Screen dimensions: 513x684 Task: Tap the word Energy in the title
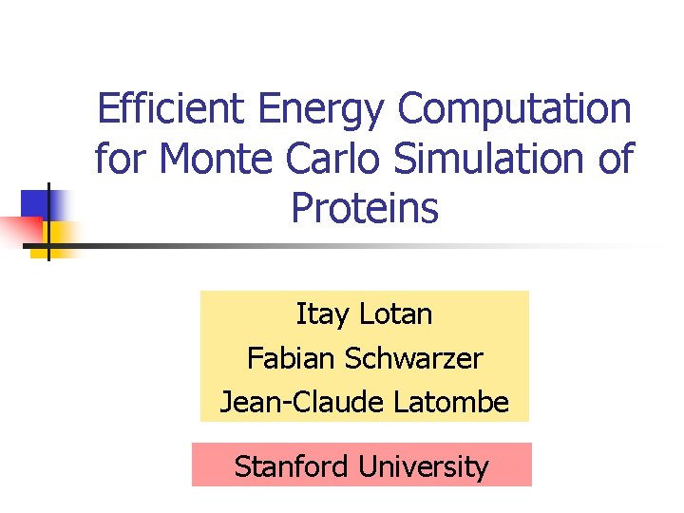[318, 109]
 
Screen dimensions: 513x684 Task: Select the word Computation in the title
[514, 109]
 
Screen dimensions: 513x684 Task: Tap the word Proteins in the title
[365, 208]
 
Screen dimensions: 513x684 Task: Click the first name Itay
[321, 314]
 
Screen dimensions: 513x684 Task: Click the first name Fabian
[292, 359]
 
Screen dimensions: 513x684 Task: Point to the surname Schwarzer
[414, 359]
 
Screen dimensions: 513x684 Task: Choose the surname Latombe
[451, 403]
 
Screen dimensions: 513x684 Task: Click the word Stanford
[293, 466]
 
